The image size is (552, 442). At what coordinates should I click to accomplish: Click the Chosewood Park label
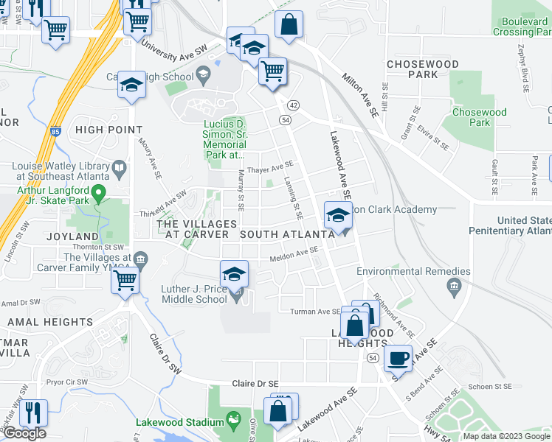[x=479, y=118]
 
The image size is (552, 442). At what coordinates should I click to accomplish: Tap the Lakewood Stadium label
[x=180, y=423]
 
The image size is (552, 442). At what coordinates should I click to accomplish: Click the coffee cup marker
[x=399, y=358]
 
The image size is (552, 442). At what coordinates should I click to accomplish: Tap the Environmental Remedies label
[x=404, y=271]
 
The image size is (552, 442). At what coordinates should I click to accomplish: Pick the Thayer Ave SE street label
[x=271, y=169]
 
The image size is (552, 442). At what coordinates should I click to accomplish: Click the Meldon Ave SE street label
[x=293, y=254]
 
